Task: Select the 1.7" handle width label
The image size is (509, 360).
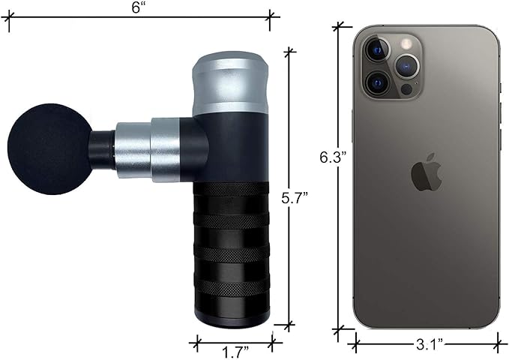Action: (x=235, y=352)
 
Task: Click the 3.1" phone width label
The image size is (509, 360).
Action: (x=430, y=344)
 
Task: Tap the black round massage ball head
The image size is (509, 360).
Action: (x=49, y=149)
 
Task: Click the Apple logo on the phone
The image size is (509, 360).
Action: (x=427, y=172)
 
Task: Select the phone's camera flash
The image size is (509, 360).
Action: (x=406, y=43)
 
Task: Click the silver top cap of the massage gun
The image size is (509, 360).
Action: (x=230, y=82)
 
